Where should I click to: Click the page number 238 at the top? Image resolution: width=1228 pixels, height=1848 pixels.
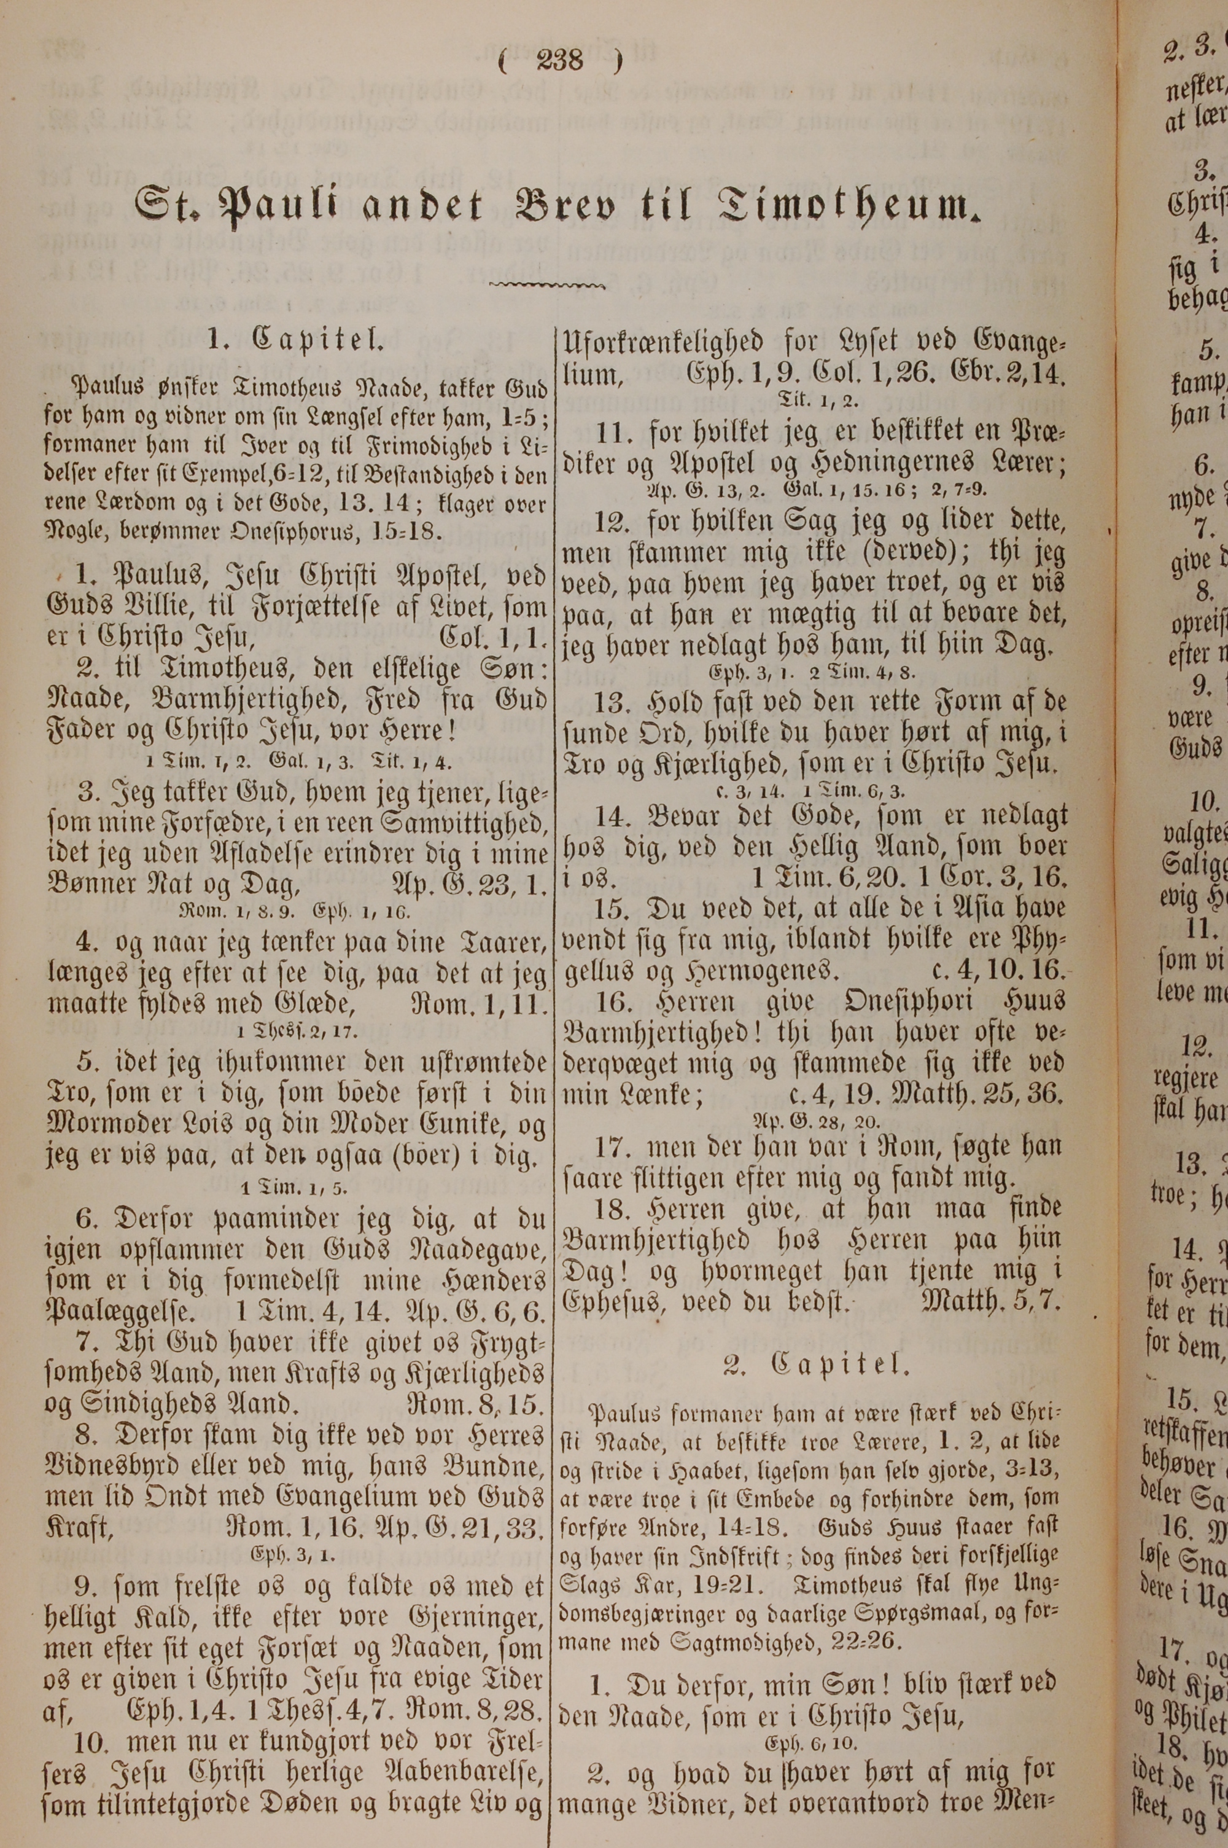(x=561, y=60)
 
